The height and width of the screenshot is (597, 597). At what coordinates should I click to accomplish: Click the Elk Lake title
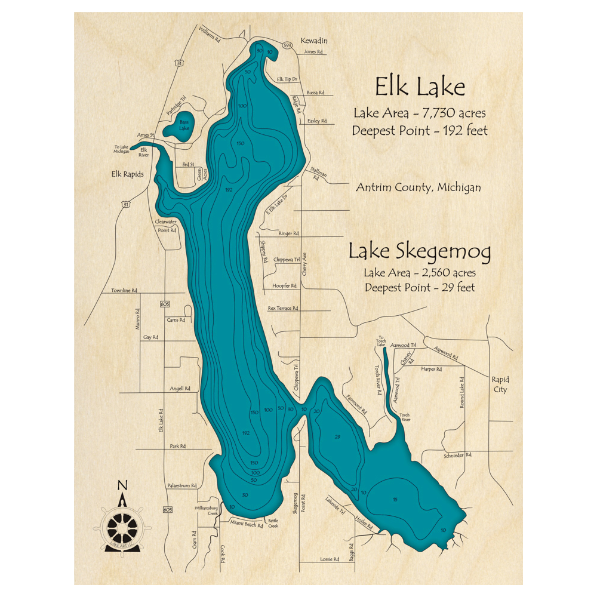coord(420,88)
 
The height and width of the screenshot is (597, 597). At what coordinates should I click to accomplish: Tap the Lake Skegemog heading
coord(420,252)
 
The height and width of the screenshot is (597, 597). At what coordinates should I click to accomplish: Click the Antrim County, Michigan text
coord(418,187)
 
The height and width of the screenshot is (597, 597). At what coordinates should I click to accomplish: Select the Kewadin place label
coord(314,41)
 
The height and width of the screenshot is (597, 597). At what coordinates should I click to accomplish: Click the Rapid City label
coord(500,384)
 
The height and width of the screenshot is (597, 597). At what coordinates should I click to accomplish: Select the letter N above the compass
coord(122,485)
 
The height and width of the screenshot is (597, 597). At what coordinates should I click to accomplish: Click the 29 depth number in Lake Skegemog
coord(338,437)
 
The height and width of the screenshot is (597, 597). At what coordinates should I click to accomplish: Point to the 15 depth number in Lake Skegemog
coord(395,498)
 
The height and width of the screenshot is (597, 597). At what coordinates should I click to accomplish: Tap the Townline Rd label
coord(124,291)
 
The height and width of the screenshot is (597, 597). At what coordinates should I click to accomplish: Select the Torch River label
coord(405,417)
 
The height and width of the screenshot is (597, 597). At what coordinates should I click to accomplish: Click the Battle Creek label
coord(273,523)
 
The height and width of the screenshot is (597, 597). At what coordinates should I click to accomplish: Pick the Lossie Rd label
coord(328,559)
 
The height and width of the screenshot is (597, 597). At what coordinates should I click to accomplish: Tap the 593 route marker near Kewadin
coord(287,45)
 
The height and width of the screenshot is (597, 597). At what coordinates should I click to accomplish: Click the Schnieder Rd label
coord(458,455)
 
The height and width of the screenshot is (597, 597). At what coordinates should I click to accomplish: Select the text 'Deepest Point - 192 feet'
coord(420,131)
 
